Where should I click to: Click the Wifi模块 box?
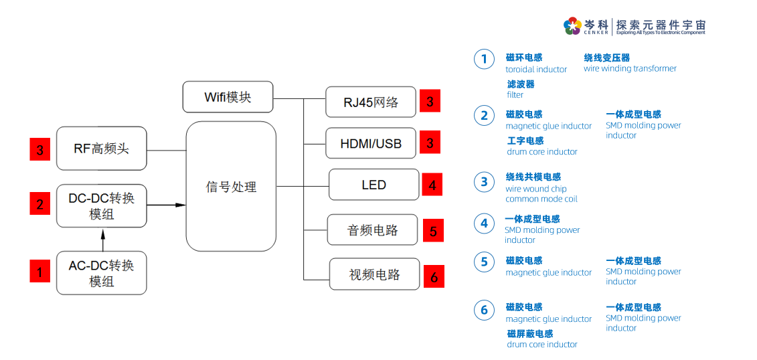[228, 97]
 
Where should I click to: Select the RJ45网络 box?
[371, 102]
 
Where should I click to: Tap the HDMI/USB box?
[371, 143]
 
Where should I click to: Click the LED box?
[373, 185]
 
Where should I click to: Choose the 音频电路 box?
[372, 230]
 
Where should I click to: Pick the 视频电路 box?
[374, 274]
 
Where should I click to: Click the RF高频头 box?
[101, 149]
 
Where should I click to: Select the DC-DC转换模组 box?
[101, 205]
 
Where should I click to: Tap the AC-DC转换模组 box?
[101, 273]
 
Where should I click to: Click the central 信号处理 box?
[231, 187]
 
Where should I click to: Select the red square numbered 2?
[40, 203]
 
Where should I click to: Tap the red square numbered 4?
[432, 185]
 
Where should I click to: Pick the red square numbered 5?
[433, 231]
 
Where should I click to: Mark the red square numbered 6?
[434, 276]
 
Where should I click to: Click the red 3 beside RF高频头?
[40, 149]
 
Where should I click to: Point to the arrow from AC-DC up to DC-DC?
[102, 240]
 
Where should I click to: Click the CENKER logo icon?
[572, 26]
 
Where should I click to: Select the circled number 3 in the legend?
[484, 182]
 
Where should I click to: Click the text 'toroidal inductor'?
[535, 70]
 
